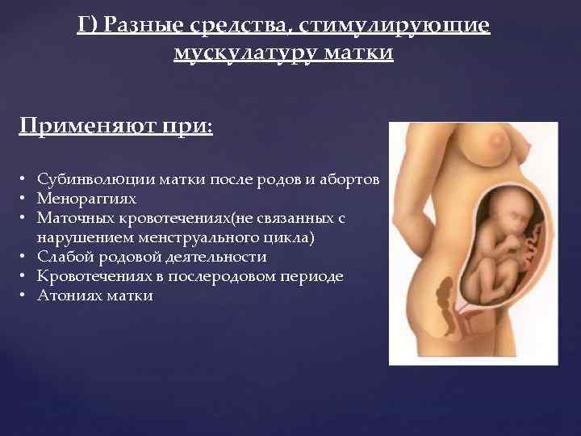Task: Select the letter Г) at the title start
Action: (86, 26)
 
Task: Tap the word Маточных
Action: (74, 218)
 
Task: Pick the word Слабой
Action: (61, 257)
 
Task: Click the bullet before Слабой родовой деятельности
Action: (27, 257)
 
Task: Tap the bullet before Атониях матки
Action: (27, 296)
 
